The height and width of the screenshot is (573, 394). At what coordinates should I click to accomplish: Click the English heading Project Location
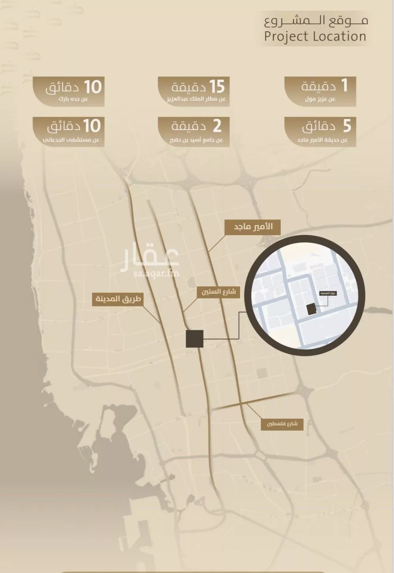(x=315, y=36)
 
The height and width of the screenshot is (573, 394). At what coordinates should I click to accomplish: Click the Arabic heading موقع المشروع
(x=316, y=20)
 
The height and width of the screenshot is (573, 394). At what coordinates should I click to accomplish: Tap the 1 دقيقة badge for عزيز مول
(x=320, y=91)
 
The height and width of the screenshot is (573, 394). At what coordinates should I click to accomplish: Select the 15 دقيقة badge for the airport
(x=194, y=91)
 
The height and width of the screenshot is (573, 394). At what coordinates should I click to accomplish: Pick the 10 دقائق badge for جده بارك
(x=69, y=91)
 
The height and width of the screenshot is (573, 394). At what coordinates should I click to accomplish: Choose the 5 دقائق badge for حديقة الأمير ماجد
(x=320, y=132)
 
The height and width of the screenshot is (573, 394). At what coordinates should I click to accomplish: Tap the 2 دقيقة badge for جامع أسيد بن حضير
(x=194, y=132)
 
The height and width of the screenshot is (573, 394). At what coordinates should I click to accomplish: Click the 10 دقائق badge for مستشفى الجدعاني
(x=69, y=132)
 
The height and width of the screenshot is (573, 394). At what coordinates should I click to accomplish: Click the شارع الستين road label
(x=219, y=292)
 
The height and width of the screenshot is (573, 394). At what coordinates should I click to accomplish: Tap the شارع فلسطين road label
(x=282, y=424)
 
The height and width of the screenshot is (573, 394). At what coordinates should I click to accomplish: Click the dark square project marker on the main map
(x=195, y=339)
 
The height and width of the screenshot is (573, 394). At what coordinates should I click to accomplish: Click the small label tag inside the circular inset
(x=327, y=293)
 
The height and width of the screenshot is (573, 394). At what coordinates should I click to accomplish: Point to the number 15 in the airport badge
(x=216, y=86)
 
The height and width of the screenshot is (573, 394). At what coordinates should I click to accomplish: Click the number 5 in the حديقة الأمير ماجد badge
(x=346, y=126)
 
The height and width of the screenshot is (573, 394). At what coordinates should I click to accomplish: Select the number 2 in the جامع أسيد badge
(x=217, y=126)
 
